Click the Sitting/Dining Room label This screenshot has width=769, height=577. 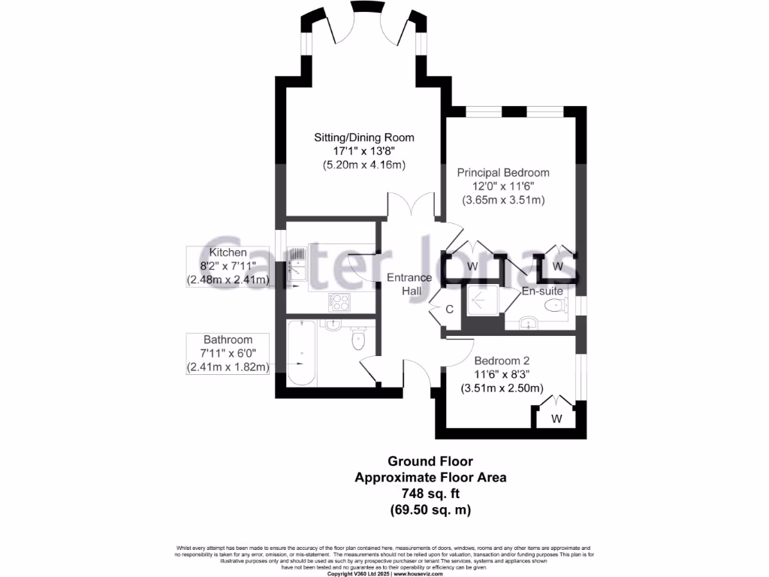[x=363, y=137]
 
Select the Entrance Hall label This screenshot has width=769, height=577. [x=409, y=284]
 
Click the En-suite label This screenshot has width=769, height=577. [x=542, y=291]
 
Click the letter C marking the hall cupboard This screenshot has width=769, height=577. [x=450, y=310]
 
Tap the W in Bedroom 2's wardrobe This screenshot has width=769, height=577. [x=556, y=418]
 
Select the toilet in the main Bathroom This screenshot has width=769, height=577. [x=358, y=340]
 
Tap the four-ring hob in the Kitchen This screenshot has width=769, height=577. [x=339, y=302]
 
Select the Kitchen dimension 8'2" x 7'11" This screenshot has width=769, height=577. [x=228, y=266]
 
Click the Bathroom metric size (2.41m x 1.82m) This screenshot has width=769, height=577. [x=228, y=367]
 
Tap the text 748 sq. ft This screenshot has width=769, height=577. [x=430, y=493]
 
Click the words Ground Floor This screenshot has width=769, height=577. [x=430, y=461]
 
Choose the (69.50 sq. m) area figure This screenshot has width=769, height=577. [x=430, y=509]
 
